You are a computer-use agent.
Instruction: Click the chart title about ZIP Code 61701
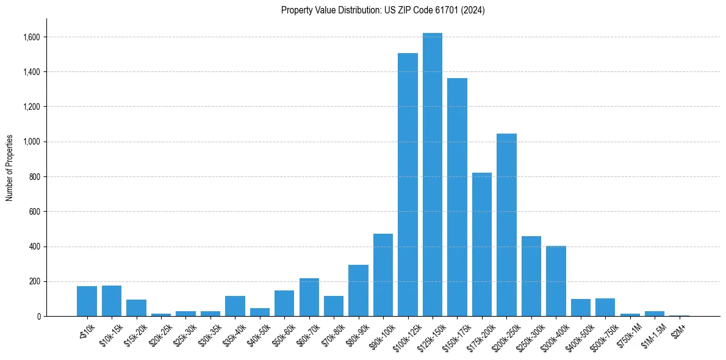coord(383,10)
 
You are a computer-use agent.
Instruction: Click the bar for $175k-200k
coord(482,244)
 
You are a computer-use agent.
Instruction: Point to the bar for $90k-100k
coord(383,275)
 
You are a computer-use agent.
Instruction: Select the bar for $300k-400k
coord(556,281)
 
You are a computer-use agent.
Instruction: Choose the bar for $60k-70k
coord(309,297)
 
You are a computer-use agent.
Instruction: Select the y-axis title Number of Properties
coord(10,168)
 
